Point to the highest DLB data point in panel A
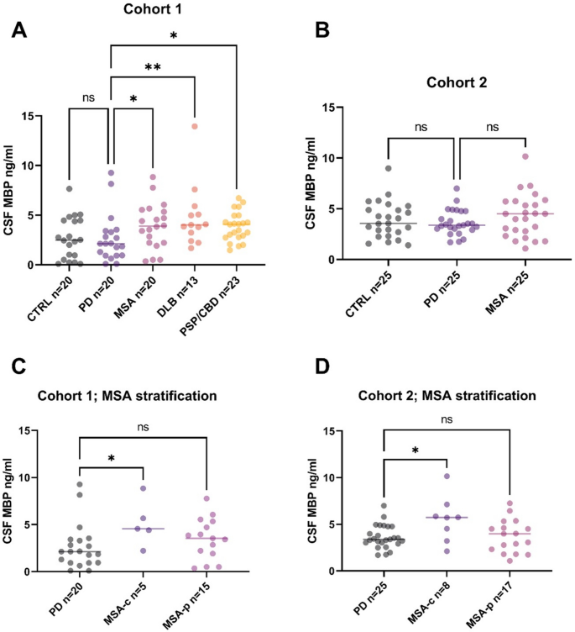[x=195, y=126]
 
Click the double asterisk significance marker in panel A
[x=153, y=66]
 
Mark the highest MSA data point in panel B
[x=525, y=156]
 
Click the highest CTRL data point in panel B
[x=389, y=168]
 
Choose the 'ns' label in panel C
[x=143, y=425]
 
